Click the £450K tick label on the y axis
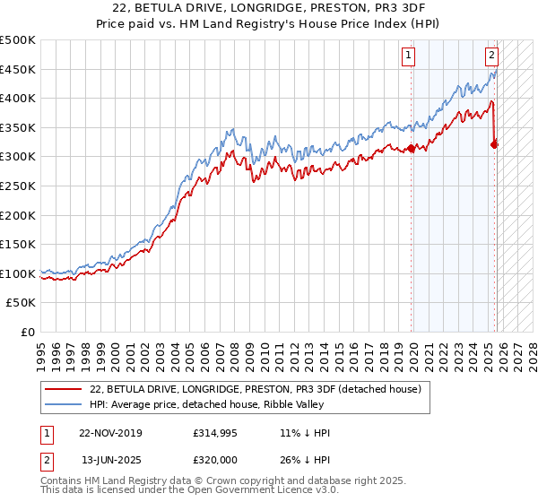click(18, 69)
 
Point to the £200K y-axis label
click(18, 215)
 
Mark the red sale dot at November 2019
click(411, 149)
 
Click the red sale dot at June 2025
click(495, 144)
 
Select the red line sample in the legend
click(65, 388)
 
